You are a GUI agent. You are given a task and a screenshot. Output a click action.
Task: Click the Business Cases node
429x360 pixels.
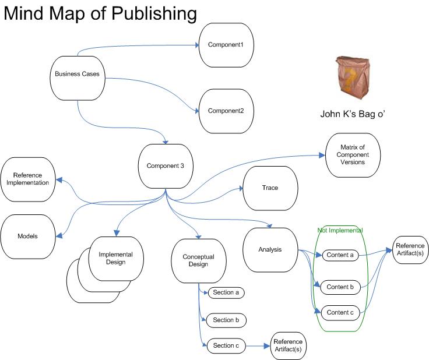77,74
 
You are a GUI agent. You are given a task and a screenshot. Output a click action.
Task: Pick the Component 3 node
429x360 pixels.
165,166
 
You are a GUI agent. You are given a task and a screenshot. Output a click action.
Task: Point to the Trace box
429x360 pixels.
270,188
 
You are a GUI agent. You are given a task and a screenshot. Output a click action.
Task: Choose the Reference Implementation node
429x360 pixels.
27,179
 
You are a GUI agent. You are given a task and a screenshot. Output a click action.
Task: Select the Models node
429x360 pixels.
27,236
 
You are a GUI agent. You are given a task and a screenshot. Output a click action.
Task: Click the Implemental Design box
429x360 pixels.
115,258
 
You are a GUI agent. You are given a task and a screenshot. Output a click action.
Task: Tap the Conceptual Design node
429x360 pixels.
198,260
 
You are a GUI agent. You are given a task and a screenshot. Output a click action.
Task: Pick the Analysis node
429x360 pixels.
270,249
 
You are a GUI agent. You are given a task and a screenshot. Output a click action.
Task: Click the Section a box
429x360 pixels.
226,292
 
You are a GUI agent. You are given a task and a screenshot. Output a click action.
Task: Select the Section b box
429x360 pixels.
226,320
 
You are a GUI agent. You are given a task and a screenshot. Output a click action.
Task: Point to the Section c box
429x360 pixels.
226,346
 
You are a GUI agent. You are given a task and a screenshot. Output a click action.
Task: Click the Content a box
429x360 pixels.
340,255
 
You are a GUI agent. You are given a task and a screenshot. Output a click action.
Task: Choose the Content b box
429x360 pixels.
340,287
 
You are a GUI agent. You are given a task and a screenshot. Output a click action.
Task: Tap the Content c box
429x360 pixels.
340,312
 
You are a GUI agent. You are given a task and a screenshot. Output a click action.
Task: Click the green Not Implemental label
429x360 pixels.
340,231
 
